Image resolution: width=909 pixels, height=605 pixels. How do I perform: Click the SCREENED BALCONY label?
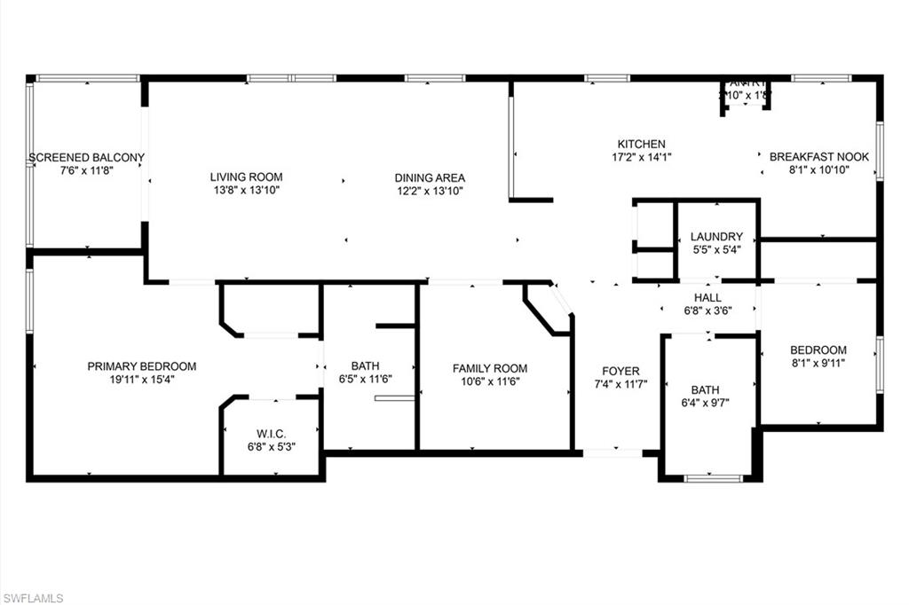[x=87, y=158]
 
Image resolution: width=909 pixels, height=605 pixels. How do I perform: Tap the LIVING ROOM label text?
[x=246, y=177]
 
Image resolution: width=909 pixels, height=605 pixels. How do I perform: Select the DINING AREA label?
[x=430, y=177]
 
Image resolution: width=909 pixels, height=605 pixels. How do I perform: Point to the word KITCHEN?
[x=641, y=144]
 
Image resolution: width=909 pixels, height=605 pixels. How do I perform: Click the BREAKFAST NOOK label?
[x=818, y=157]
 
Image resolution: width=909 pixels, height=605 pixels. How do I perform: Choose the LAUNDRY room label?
[x=716, y=237]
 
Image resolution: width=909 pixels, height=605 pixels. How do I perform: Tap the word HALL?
[x=707, y=297]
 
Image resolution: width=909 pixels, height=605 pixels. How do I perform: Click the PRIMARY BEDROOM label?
[x=142, y=366]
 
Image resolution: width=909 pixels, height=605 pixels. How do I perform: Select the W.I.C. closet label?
[x=271, y=433]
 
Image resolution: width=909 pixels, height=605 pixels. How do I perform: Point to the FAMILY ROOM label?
[x=490, y=368]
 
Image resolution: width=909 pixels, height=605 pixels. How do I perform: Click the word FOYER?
[x=620, y=371]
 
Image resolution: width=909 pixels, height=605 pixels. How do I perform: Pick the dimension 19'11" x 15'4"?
[x=142, y=380]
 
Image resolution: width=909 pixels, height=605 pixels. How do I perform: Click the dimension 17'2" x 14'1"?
[x=641, y=157]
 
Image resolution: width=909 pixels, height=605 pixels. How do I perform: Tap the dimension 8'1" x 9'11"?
[x=818, y=363]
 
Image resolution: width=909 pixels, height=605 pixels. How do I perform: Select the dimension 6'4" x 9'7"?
[x=706, y=403]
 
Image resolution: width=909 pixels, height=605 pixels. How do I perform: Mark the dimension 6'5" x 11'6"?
[x=365, y=379]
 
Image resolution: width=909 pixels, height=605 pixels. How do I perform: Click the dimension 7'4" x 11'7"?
[x=620, y=384]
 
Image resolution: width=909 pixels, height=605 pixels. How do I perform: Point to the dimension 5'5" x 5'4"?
[x=716, y=250]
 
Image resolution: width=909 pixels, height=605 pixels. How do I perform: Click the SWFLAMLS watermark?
[x=33, y=598]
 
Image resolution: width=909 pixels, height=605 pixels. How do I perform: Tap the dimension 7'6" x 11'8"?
[x=87, y=171]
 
